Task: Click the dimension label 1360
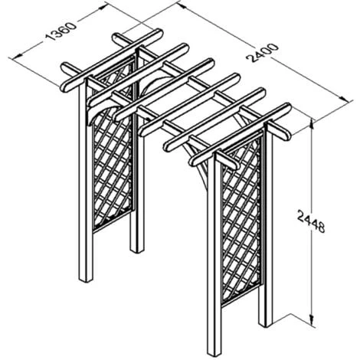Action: pos(61,31)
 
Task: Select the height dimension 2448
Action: pos(311,220)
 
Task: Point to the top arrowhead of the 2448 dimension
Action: pos(312,125)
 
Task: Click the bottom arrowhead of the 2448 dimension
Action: pos(312,321)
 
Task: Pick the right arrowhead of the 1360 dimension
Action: pos(101,8)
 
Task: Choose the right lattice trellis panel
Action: pos(241,220)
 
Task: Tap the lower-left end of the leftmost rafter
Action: pos(64,87)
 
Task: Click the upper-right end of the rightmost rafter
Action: pos(287,107)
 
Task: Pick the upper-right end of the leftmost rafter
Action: pos(159,34)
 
